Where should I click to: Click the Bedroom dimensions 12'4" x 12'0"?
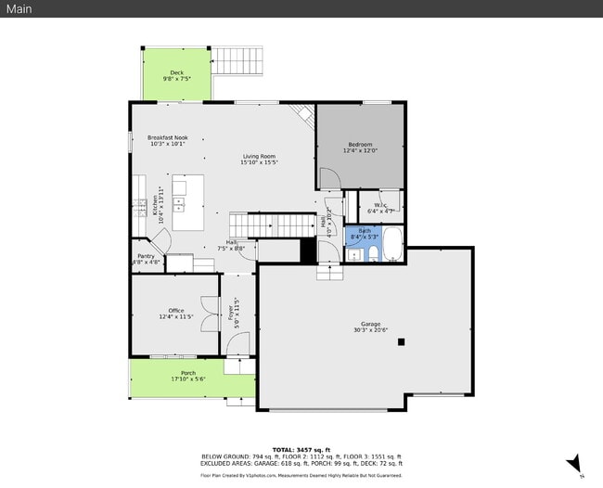click(360, 151)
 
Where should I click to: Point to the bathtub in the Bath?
click(393, 244)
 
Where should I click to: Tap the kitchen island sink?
click(179, 203)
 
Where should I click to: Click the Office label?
click(176, 311)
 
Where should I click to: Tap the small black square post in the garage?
click(401, 341)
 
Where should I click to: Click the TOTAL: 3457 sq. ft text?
click(301, 449)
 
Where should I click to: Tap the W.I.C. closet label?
click(380, 205)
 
